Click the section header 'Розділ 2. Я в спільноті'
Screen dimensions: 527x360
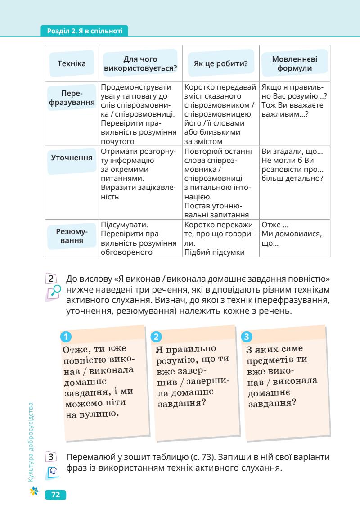[84, 32]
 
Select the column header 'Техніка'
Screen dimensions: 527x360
[72, 64]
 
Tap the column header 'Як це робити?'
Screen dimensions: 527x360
[220, 64]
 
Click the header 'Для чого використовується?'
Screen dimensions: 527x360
[140, 64]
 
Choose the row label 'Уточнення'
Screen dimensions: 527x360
[72, 158]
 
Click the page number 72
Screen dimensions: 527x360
[56, 495]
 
